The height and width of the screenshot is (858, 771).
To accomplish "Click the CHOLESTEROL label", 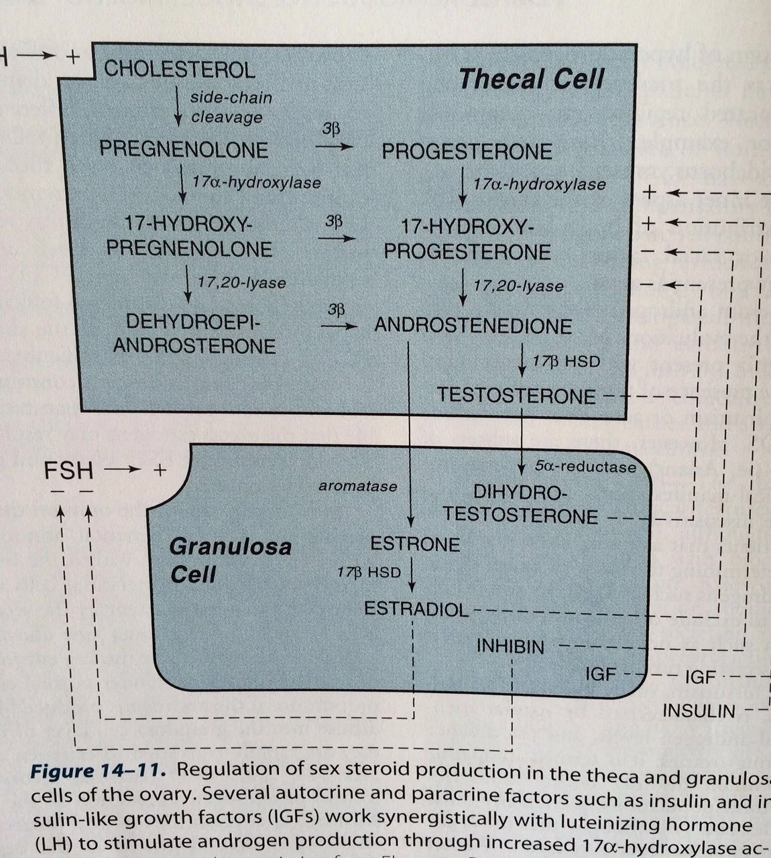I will (179, 70).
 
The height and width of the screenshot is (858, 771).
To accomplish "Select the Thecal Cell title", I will (532, 79).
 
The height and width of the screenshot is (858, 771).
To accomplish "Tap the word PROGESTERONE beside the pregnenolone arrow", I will (467, 151).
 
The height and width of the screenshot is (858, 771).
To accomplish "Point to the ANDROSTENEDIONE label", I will (473, 326).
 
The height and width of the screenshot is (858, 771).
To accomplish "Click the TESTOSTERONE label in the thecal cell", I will (516, 395).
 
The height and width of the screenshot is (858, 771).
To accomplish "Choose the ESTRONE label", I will (415, 544).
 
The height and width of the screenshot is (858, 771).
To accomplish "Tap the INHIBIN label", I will (510, 646).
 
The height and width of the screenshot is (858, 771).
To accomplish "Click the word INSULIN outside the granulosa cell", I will (699, 711).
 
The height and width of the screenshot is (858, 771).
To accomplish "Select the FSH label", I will (68, 471).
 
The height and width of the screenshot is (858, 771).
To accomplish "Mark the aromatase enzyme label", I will (357, 486).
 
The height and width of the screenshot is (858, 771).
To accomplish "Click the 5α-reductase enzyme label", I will (585, 467).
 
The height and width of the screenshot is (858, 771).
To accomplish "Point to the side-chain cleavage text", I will (231, 107).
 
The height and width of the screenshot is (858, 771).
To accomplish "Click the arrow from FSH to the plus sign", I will (120, 471).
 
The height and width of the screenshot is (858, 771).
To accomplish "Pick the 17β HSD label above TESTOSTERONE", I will (567, 361).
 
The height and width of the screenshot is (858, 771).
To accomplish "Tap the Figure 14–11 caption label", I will (97, 771).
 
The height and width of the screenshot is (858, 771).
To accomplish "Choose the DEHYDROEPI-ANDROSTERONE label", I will (194, 334).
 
